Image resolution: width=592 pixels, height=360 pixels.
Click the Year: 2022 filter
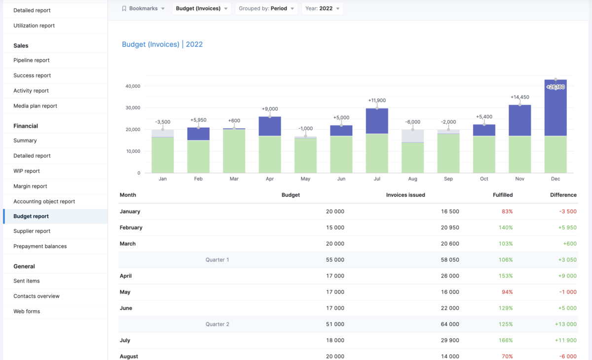pyautogui.click(x=322, y=8)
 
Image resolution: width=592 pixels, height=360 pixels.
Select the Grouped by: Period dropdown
pyautogui.click(x=266, y=8)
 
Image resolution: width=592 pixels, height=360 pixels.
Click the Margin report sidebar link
pyautogui.click(x=30, y=186)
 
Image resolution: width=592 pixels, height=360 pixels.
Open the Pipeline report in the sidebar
pyautogui.click(x=32, y=60)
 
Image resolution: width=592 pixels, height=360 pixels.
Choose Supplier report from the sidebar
pyautogui.click(x=32, y=231)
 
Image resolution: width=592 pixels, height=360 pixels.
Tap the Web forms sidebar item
pyautogui.click(x=27, y=312)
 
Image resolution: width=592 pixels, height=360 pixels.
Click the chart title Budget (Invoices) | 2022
pyautogui.click(x=162, y=44)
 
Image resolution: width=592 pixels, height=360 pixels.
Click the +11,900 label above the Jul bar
pyautogui.click(x=377, y=101)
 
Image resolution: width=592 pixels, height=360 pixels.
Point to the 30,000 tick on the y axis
pyautogui.click(x=133, y=108)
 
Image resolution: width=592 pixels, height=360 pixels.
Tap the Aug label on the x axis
pyautogui.click(x=412, y=179)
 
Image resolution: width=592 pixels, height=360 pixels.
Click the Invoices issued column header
pyautogui.click(x=406, y=195)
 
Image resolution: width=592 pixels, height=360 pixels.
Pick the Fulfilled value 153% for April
pyautogui.click(x=506, y=276)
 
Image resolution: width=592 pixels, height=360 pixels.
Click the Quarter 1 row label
pyautogui.click(x=217, y=260)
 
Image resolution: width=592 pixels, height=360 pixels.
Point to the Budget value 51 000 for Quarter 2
pyautogui.click(x=335, y=324)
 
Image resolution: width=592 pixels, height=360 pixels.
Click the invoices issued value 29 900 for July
pyautogui.click(x=450, y=340)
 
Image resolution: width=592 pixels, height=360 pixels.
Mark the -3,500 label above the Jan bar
pyautogui.click(x=163, y=122)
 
